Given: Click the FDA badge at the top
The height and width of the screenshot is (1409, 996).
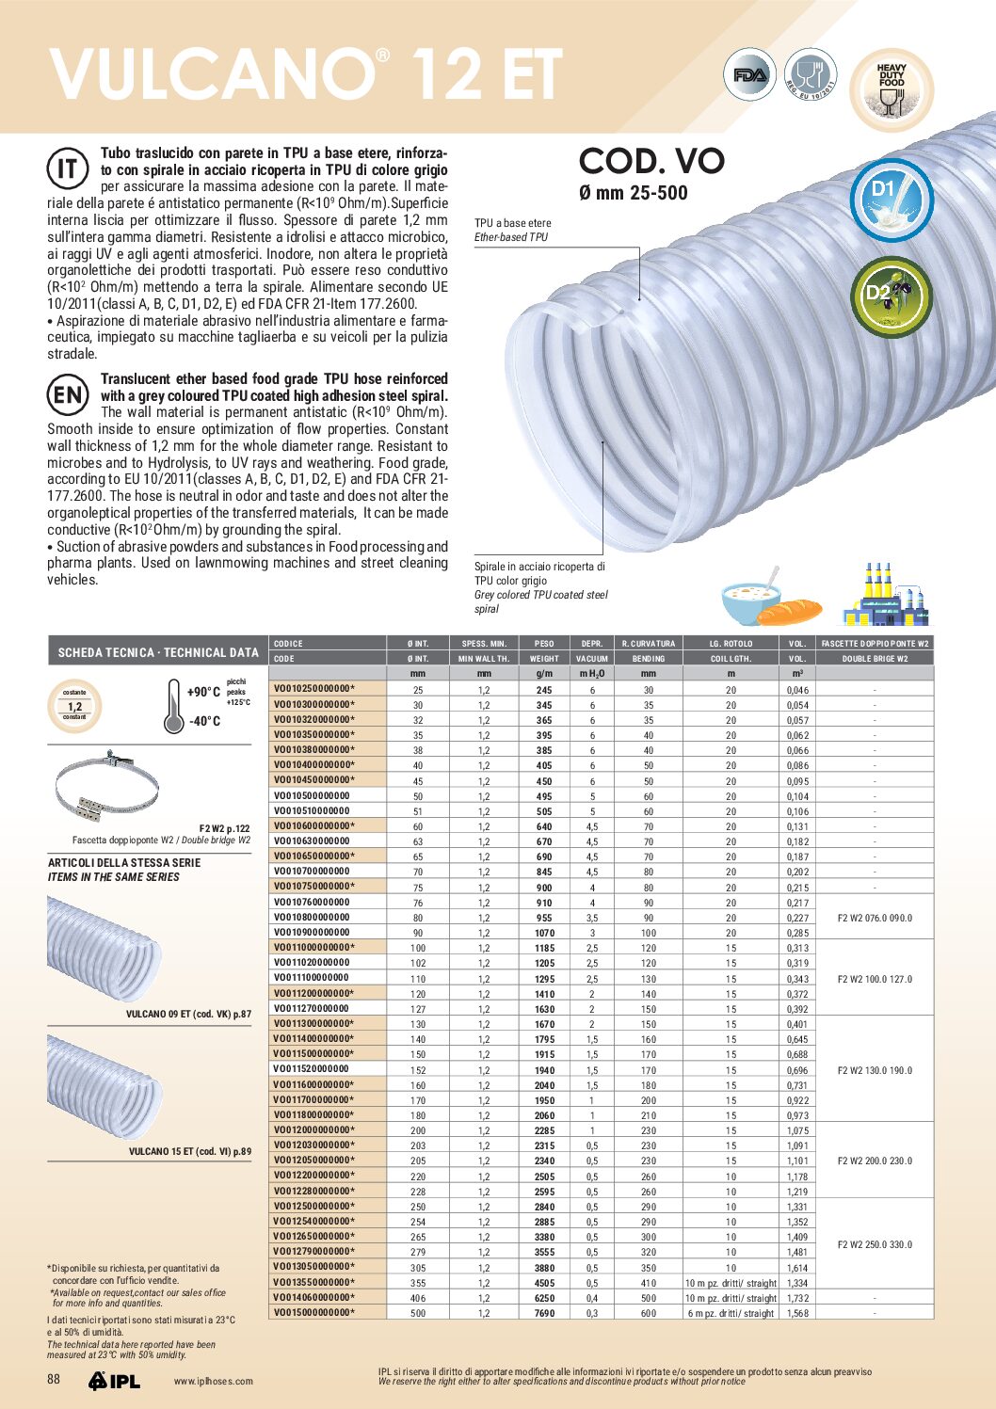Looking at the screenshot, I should (749, 75).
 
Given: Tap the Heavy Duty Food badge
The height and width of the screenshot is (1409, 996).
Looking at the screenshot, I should (891, 89).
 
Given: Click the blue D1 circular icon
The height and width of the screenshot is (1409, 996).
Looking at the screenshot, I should (890, 199).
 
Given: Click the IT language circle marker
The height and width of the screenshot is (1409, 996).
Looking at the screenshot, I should (68, 169).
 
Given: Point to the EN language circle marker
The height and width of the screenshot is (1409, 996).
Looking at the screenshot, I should (68, 395).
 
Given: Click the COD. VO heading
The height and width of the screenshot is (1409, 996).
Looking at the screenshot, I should (651, 161).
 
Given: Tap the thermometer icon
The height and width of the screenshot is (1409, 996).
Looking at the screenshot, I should (174, 706).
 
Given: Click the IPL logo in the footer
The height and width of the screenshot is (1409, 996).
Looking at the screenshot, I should (115, 1381).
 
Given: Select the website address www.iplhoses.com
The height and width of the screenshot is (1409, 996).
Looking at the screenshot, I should (214, 1382).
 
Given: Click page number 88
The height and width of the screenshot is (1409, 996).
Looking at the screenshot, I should (54, 1379).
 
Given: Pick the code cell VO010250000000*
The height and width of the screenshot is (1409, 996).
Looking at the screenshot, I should (314, 689).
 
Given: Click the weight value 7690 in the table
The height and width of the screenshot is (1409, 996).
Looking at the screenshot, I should (544, 1313).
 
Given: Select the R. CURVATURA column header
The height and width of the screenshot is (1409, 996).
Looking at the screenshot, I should (649, 644).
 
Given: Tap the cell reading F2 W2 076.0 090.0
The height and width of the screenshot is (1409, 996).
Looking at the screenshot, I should (875, 918).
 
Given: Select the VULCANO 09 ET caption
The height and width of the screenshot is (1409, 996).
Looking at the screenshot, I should (188, 1014).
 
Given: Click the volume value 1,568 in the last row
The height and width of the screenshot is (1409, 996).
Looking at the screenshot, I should (797, 1313).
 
